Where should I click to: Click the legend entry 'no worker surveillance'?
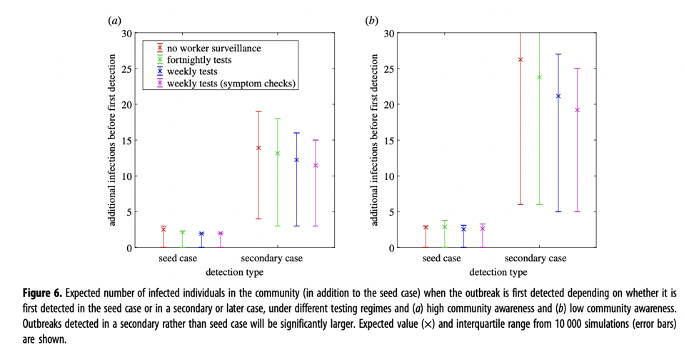(213, 49)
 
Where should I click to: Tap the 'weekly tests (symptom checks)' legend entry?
(231, 84)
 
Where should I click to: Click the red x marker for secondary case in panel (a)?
(258, 148)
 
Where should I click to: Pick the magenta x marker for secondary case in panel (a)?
(315, 166)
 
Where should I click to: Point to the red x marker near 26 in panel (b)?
(520, 60)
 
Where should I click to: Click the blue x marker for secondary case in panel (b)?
(558, 96)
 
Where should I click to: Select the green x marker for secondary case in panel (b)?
(540, 77)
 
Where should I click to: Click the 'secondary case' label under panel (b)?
(535, 259)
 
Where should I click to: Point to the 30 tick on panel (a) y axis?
(126, 33)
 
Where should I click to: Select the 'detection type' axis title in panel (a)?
(235, 272)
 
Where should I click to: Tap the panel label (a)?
(114, 21)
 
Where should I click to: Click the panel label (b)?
(371, 21)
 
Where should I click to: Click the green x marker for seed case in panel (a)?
(182, 232)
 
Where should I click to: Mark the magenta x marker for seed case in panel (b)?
(482, 229)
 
